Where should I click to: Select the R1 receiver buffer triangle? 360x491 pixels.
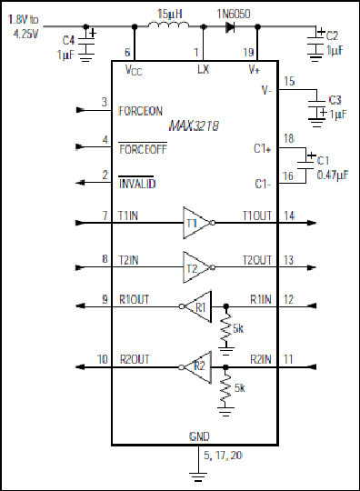tap(201, 306)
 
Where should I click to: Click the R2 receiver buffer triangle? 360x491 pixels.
tap(201, 367)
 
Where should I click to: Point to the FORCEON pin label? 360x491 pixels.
tap(140, 110)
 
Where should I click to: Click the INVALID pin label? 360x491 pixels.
tap(137, 184)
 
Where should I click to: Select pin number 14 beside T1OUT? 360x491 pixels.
tap(289, 215)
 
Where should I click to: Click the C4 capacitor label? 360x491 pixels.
tap(69, 39)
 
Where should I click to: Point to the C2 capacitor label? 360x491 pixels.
tap(333, 34)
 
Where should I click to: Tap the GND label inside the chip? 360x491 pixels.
tap(198, 436)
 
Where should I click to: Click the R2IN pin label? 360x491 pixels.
tap(260, 360)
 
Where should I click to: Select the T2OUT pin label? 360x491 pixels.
tap(256, 260)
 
